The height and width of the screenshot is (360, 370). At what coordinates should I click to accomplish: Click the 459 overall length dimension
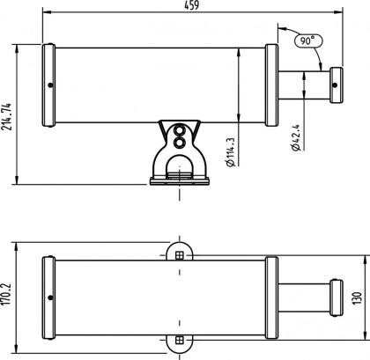(192, 5)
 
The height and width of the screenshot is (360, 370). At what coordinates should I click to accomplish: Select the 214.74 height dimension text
(6, 116)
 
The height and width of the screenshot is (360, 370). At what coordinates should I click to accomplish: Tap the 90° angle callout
(308, 40)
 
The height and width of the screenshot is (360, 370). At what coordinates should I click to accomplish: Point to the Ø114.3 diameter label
(231, 152)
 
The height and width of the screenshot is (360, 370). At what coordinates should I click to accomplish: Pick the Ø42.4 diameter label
(296, 137)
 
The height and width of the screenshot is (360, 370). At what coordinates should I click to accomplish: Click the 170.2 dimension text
(6, 294)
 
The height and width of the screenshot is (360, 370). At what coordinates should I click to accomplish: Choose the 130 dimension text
(357, 298)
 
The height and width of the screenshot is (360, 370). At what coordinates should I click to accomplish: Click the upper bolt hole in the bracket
(179, 129)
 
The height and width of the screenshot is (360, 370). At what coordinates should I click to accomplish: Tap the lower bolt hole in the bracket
(179, 143)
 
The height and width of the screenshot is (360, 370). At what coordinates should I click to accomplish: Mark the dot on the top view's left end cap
(50, 85)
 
